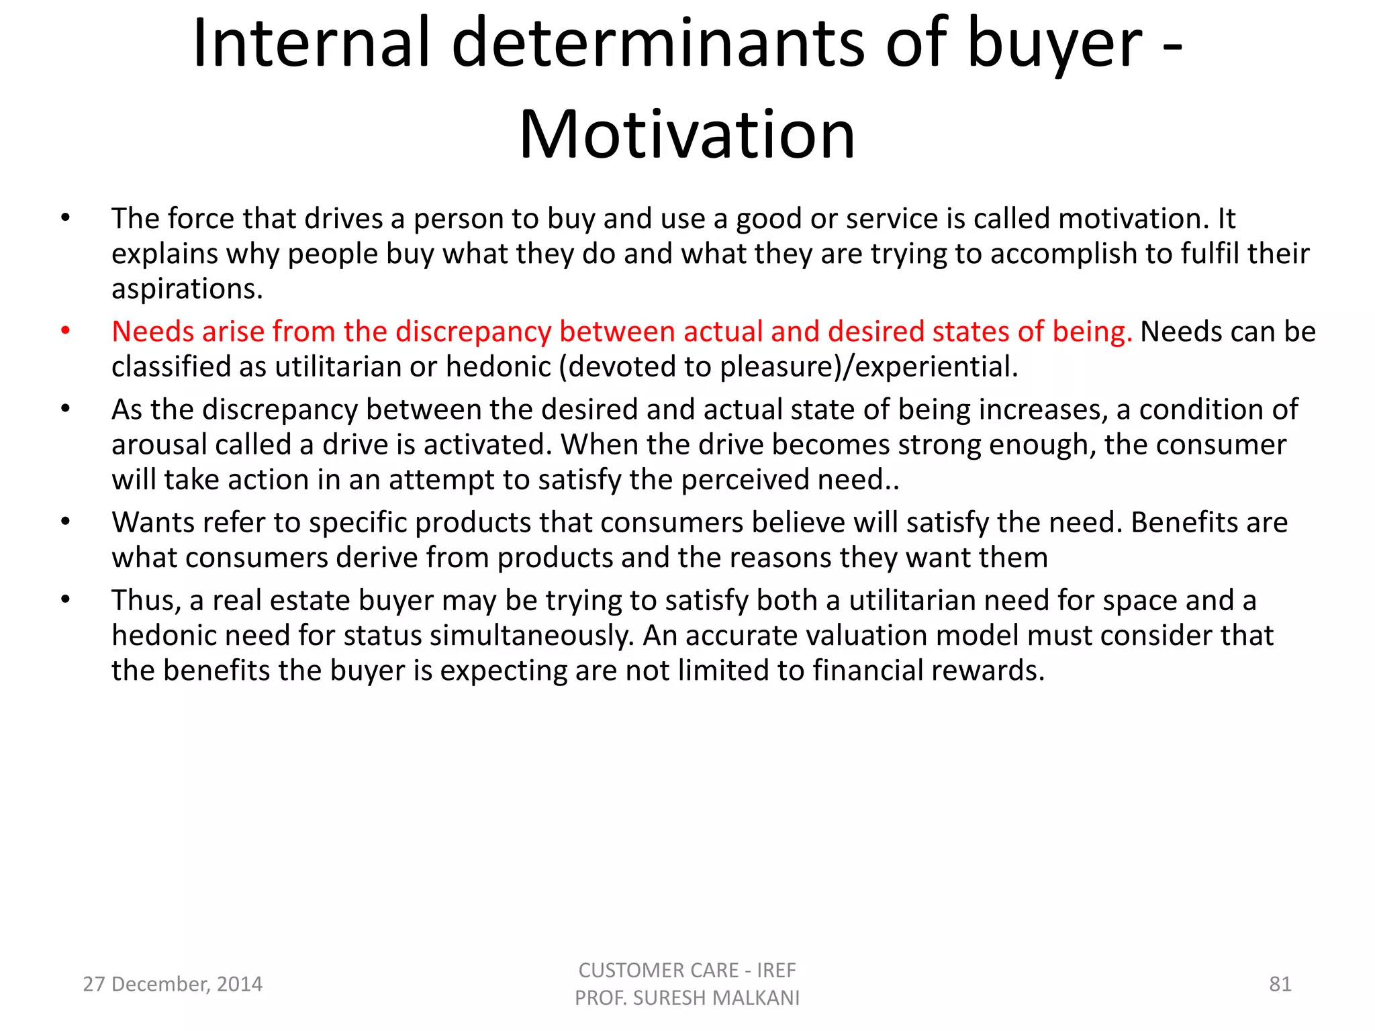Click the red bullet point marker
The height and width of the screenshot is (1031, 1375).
pyautogui.click(x=65, y=330)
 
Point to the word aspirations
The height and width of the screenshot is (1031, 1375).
pyautogui.click(x=187, y=289)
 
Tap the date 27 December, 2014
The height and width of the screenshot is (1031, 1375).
pyautogui.click(x=173, y=984)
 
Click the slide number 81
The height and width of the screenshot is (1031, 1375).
pyautogui.click(x=1280, y=984)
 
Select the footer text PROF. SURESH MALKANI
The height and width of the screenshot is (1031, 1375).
pyautogui.click(x=687, y=998)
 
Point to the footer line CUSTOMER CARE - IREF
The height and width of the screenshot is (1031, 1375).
pyautogui.click(x=687, y=970)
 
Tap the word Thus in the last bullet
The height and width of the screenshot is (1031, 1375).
pyautogui.click(x=146, y=601)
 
